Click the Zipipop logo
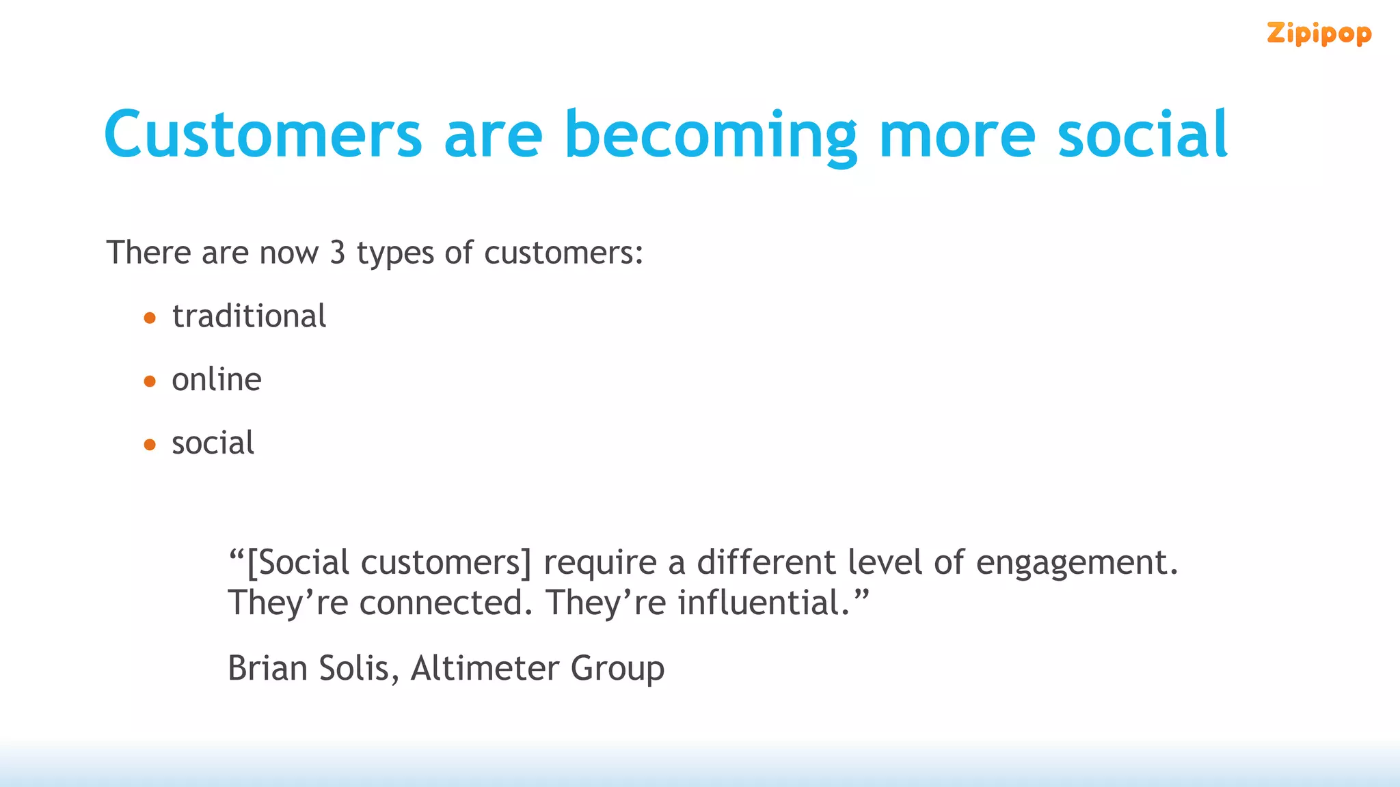pyautogui.click(x=1319, y=33)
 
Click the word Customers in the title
pyautogui.click(x=263, y=135)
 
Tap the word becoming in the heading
pyautogui.click(x=710, y=135)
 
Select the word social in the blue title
pyautogui.click(x=1142, y=135)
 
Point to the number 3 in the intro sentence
pyautogui.click(x=337, y=253)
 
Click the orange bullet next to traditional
pyautogui.click(x=150, y=318)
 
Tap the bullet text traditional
pyautogui.click(x=249, y=316)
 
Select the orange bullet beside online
pyautogui.click(x=150, y=381)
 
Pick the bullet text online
pyautogui.click(x=216, y=380)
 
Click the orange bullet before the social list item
pyautogui.click(x=150, y=445)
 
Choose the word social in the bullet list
pyautogui.click(x=213, y=443)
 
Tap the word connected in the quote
pyautogui.click(x=445, y=603)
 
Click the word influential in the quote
pyautogui.click(x=764, y=603)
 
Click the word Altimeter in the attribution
pyautogui.click(x=485, y=668)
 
